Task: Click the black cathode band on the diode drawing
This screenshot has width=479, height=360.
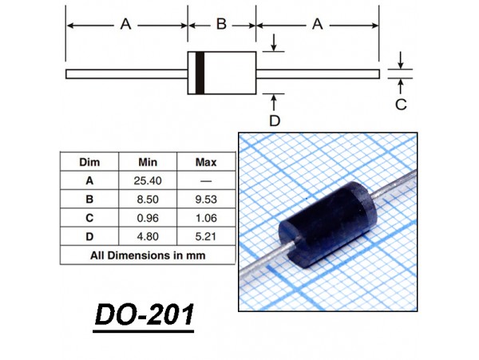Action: (200, 73)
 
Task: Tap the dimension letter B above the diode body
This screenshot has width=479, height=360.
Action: (221, 24)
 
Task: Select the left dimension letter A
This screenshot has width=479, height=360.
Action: (125, 24)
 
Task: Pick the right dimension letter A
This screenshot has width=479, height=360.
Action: (318, 24)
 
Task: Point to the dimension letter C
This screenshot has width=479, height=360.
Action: (401, 105)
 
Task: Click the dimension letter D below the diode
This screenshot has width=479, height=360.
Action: (275, 121)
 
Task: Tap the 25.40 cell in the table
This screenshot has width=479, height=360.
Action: (148, 180)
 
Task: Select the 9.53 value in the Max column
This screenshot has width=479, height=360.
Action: (206, 200)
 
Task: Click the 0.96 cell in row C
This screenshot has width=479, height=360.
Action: (148, 218)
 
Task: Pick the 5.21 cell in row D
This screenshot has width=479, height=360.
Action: (206, 236)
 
